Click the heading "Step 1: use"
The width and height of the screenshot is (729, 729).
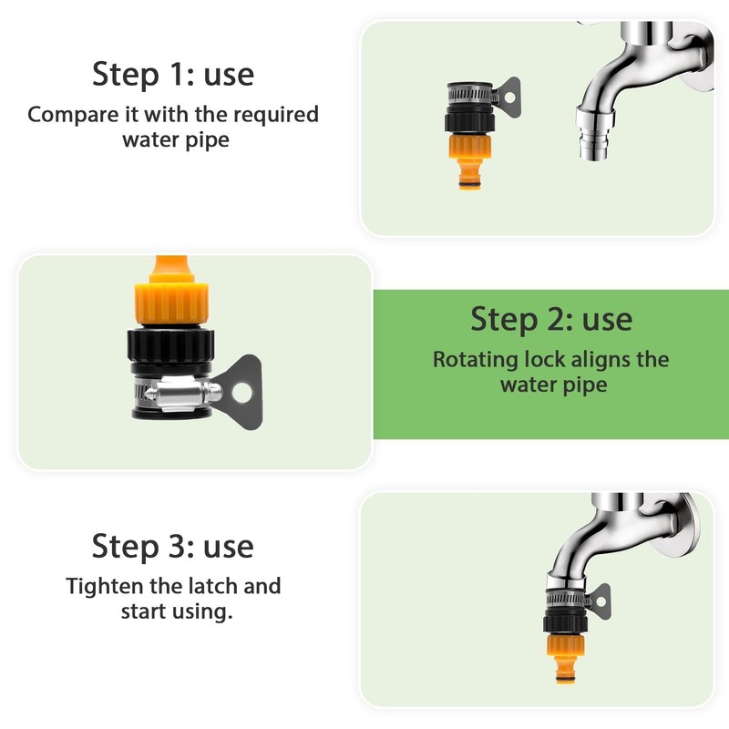pos(173,75)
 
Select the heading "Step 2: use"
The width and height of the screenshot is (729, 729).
pos(551,320)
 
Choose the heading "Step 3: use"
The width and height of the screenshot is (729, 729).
pos(173,546)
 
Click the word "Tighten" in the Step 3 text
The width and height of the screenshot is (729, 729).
pos(105,586)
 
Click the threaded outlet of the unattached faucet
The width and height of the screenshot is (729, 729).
pos(594,144)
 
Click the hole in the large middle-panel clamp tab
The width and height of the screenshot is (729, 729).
pos(241,393)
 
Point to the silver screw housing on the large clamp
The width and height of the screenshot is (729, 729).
pos(182,394)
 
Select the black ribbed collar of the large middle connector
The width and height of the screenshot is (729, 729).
pos(170,345)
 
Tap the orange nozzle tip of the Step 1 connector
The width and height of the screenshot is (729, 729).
pos(469,174)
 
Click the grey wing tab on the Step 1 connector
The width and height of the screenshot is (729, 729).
pos(509,98)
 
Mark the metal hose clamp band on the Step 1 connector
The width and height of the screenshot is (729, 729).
pos(470,94)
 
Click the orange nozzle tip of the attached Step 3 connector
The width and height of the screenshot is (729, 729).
pos(565,670)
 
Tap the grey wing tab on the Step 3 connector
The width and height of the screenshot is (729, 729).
pos(600,601)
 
